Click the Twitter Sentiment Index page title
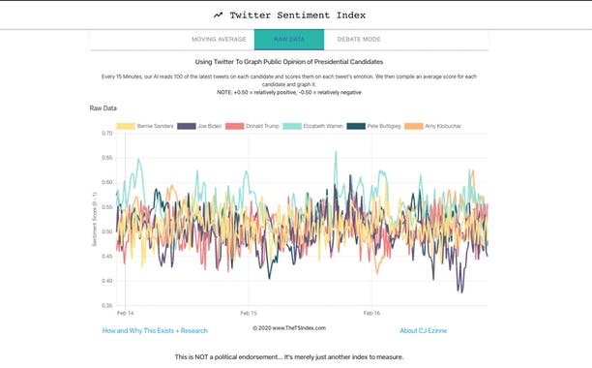point(306,15)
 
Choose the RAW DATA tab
point(289,40)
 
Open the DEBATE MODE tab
point(360,40)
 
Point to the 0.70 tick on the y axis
point(106,133)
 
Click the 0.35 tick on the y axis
point(106,305)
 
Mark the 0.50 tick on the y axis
point(106,231)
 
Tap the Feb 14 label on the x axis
point(126,314)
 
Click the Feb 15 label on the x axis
point(248,314)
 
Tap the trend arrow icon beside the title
point(219,15)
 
